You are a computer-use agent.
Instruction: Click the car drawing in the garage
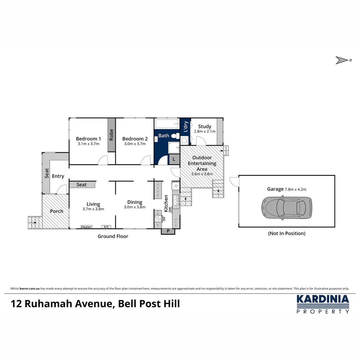pyautogui.click(x=287, y=208)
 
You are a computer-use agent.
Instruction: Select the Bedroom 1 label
pyautogui.click(x=88, y=139)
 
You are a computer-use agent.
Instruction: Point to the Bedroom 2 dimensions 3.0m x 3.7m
pyautogui.click(x=135, y=144)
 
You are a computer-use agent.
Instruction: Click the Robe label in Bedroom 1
pyautogui.click(x=111, y=135)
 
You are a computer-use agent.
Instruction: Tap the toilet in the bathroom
pyautogui.click(x=175, y=136)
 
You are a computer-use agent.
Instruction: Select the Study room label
pyautogui.click(x=205, y=127)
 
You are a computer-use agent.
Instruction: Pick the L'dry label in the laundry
pyautogui.click(x=186, y=127)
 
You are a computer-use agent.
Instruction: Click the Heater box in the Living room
pyautogui.click(x=86, y=227)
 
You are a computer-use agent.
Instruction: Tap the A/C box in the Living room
pyautogui.click(x=106, y=227)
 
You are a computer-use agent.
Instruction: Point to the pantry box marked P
pyautogui.click(x=168, y=231)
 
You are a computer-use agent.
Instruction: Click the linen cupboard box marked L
pyautogui.click(x=174, y=159)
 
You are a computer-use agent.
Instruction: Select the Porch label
pyautogui.click(x=56, y=211)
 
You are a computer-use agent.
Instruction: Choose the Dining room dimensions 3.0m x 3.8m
pyautogui.click(x=135, y=207)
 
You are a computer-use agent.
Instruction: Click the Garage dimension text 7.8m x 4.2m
pyautogui.click(x=295, y=189)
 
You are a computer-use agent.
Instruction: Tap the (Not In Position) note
pyautogui.click(x=287, y=233)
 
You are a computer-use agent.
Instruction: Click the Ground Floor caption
pyautogui.click(x=113, y=236)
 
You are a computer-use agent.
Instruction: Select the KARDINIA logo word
pyautogui.click(x=323, y=299)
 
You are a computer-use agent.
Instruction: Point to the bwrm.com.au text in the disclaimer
pyautogui.click(x=30, y=289)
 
